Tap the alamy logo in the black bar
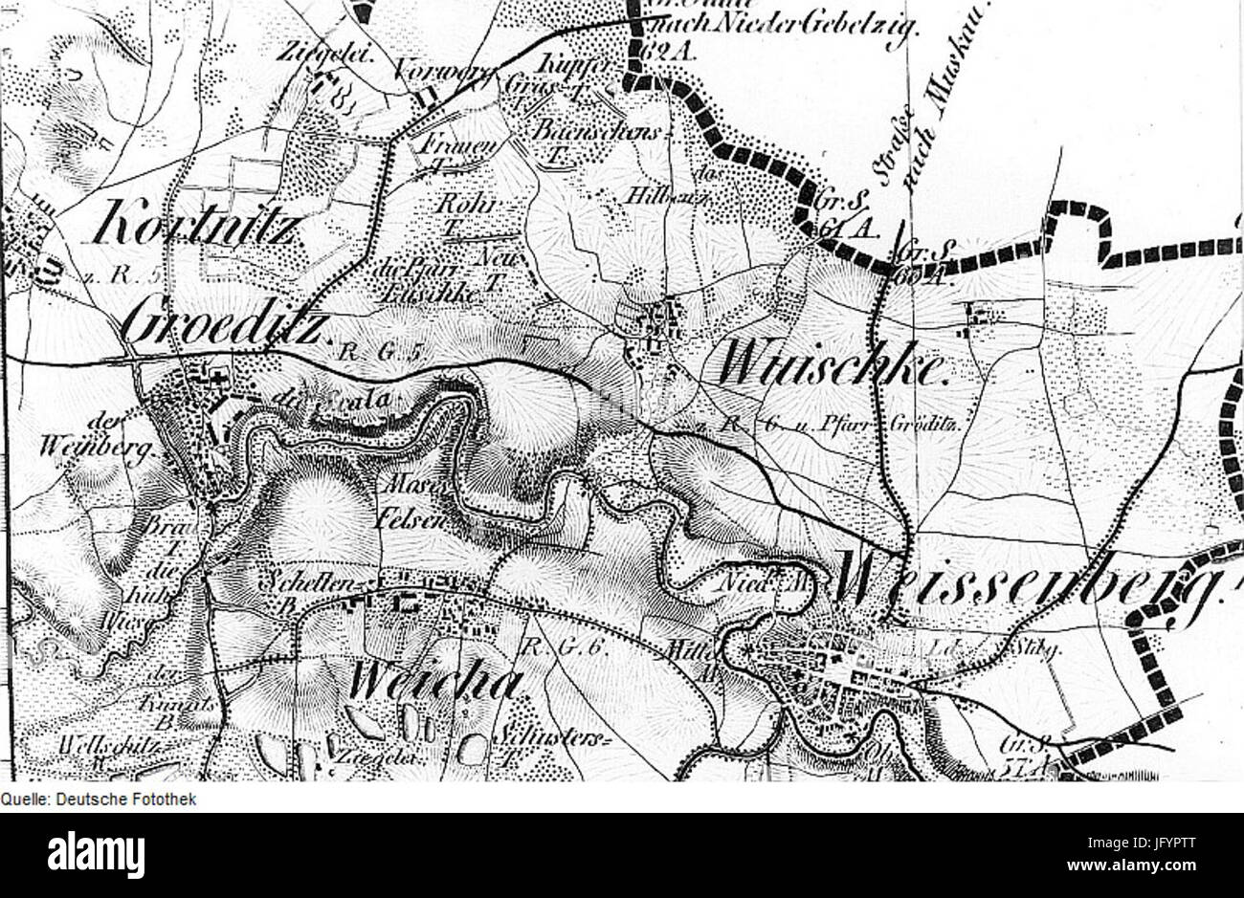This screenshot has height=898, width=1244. pyautogui.click(x=97, y=850)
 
